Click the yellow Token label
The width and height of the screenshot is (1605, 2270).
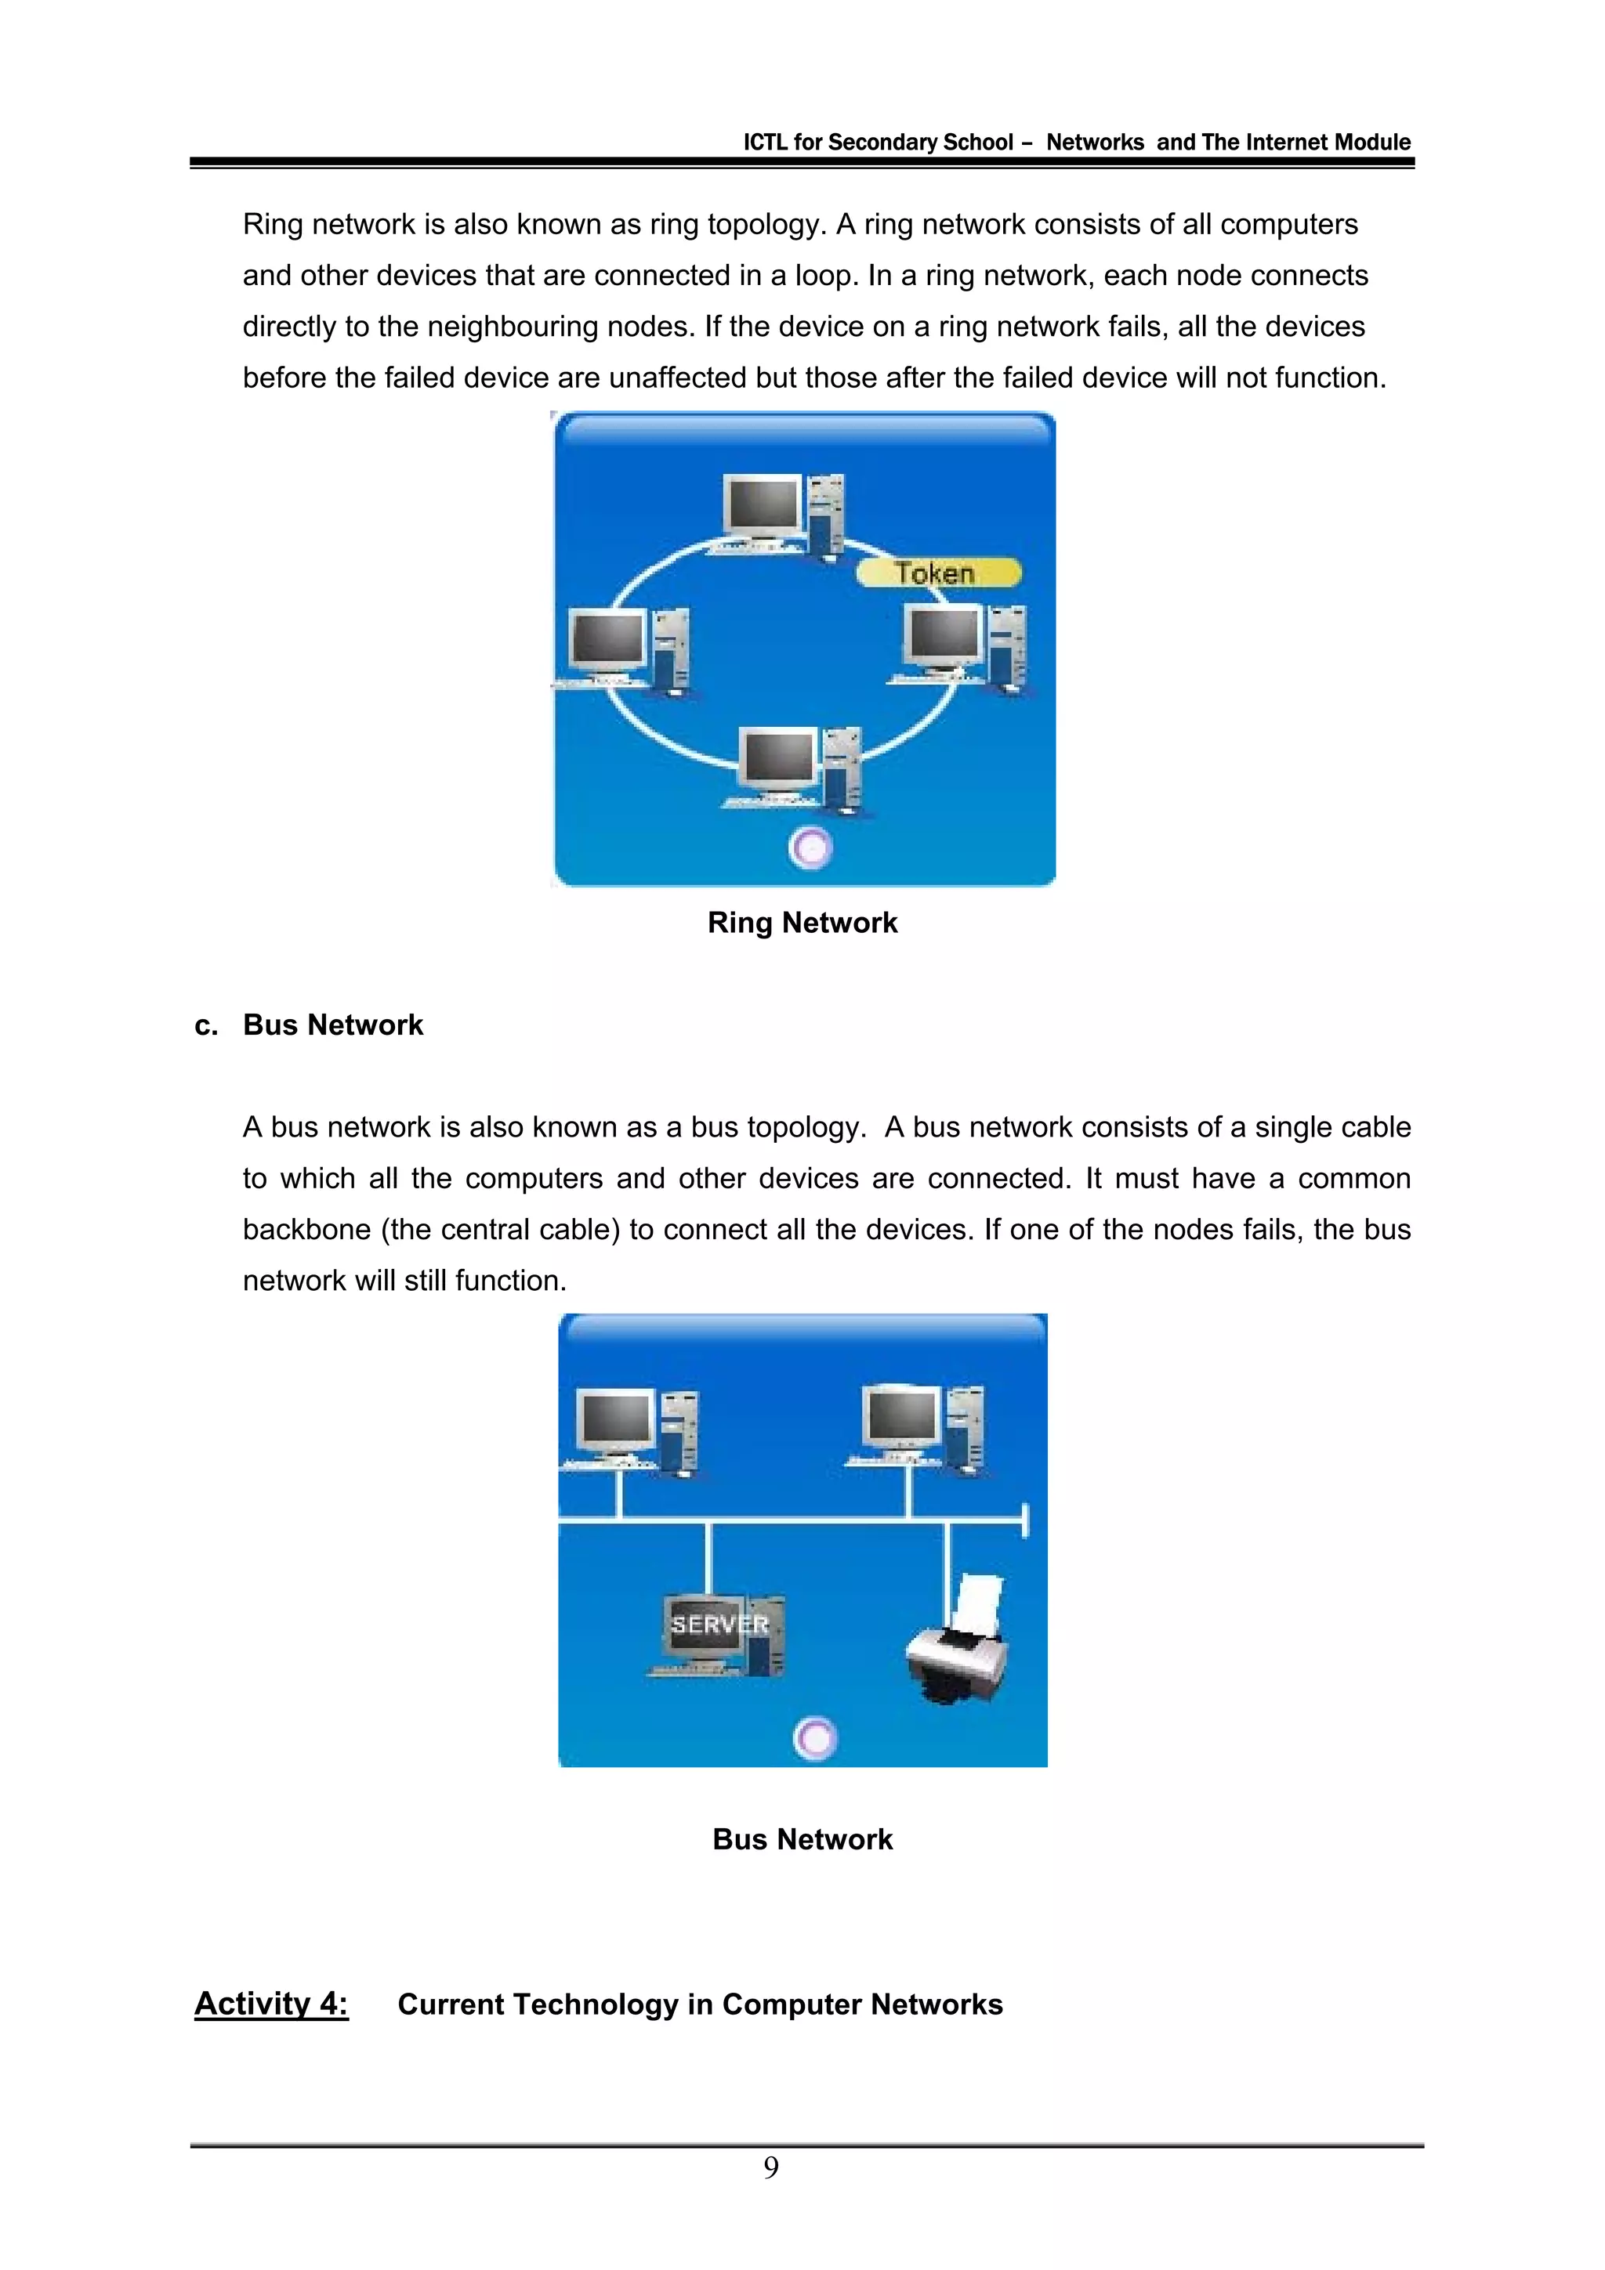[937, 573]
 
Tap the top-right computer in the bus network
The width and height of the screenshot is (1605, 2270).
[920, 1430]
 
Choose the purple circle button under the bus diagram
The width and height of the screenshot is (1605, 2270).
[816, 1737]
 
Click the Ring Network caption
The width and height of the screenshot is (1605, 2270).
[802, 923]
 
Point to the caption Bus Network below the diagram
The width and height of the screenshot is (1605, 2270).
[802, 1839]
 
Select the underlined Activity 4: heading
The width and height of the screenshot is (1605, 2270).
[271, 2003]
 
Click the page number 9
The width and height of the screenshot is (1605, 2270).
[771, 2168]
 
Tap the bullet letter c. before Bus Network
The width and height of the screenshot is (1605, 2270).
[205, 1025]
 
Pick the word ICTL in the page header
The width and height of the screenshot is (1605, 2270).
[766, 143]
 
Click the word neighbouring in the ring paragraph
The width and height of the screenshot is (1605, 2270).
[513, 327]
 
